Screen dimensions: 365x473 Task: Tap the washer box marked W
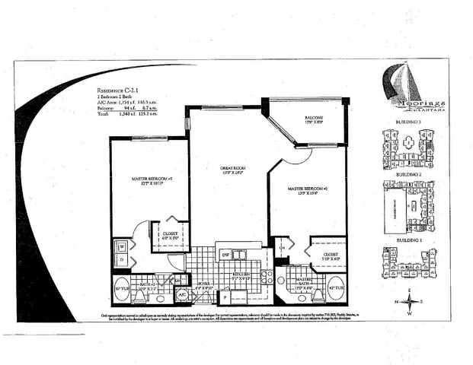tap(122, 246)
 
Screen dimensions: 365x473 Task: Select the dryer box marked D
tap(122, 260)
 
